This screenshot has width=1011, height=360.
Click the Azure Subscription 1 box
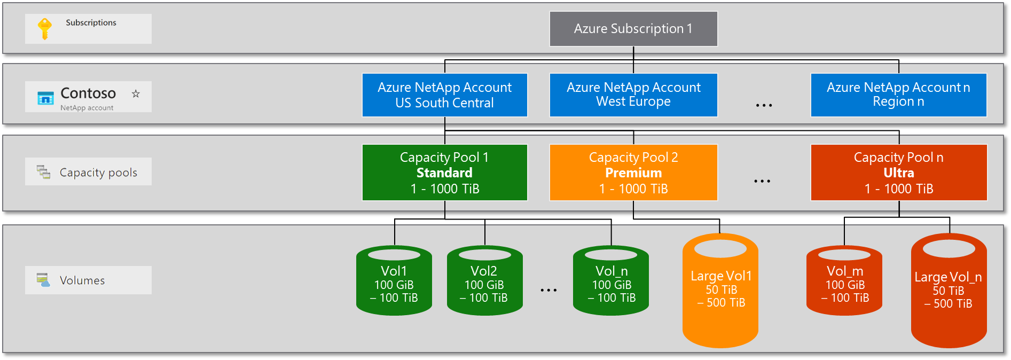pyautogui.click(x=633, y=29)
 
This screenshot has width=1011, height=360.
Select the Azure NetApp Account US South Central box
pyautogui.click(x=444, y=95)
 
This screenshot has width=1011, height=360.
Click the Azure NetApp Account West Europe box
pyautogui.click(x=633, y=95)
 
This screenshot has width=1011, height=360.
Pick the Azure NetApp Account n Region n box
pyautogui.click(x=898, y=95)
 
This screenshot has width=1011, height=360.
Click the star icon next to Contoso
pyautogui.click(x=136, y=93)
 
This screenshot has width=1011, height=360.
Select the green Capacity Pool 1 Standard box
pyautogui.click(x=444, y=173)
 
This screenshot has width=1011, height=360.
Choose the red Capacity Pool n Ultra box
pyautogui.click(x=898, y=173)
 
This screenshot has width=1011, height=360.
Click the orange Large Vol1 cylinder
pyautogui.click(x=720, y=291)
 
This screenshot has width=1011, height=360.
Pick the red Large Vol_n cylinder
pyautogui.click(x=949, y=291)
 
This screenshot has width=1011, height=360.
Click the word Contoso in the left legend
pyautogui.click(x=88, y=93)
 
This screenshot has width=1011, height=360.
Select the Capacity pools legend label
pyautogui.click(x=98, y=173)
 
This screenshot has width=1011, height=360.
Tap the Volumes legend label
pyautogui.click(x=82, y=280)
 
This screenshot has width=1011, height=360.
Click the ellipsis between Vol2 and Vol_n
pyautogui.click(x=548, y=290)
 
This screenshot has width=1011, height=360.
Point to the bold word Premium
pyautogui.click(x=633, y=173)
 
